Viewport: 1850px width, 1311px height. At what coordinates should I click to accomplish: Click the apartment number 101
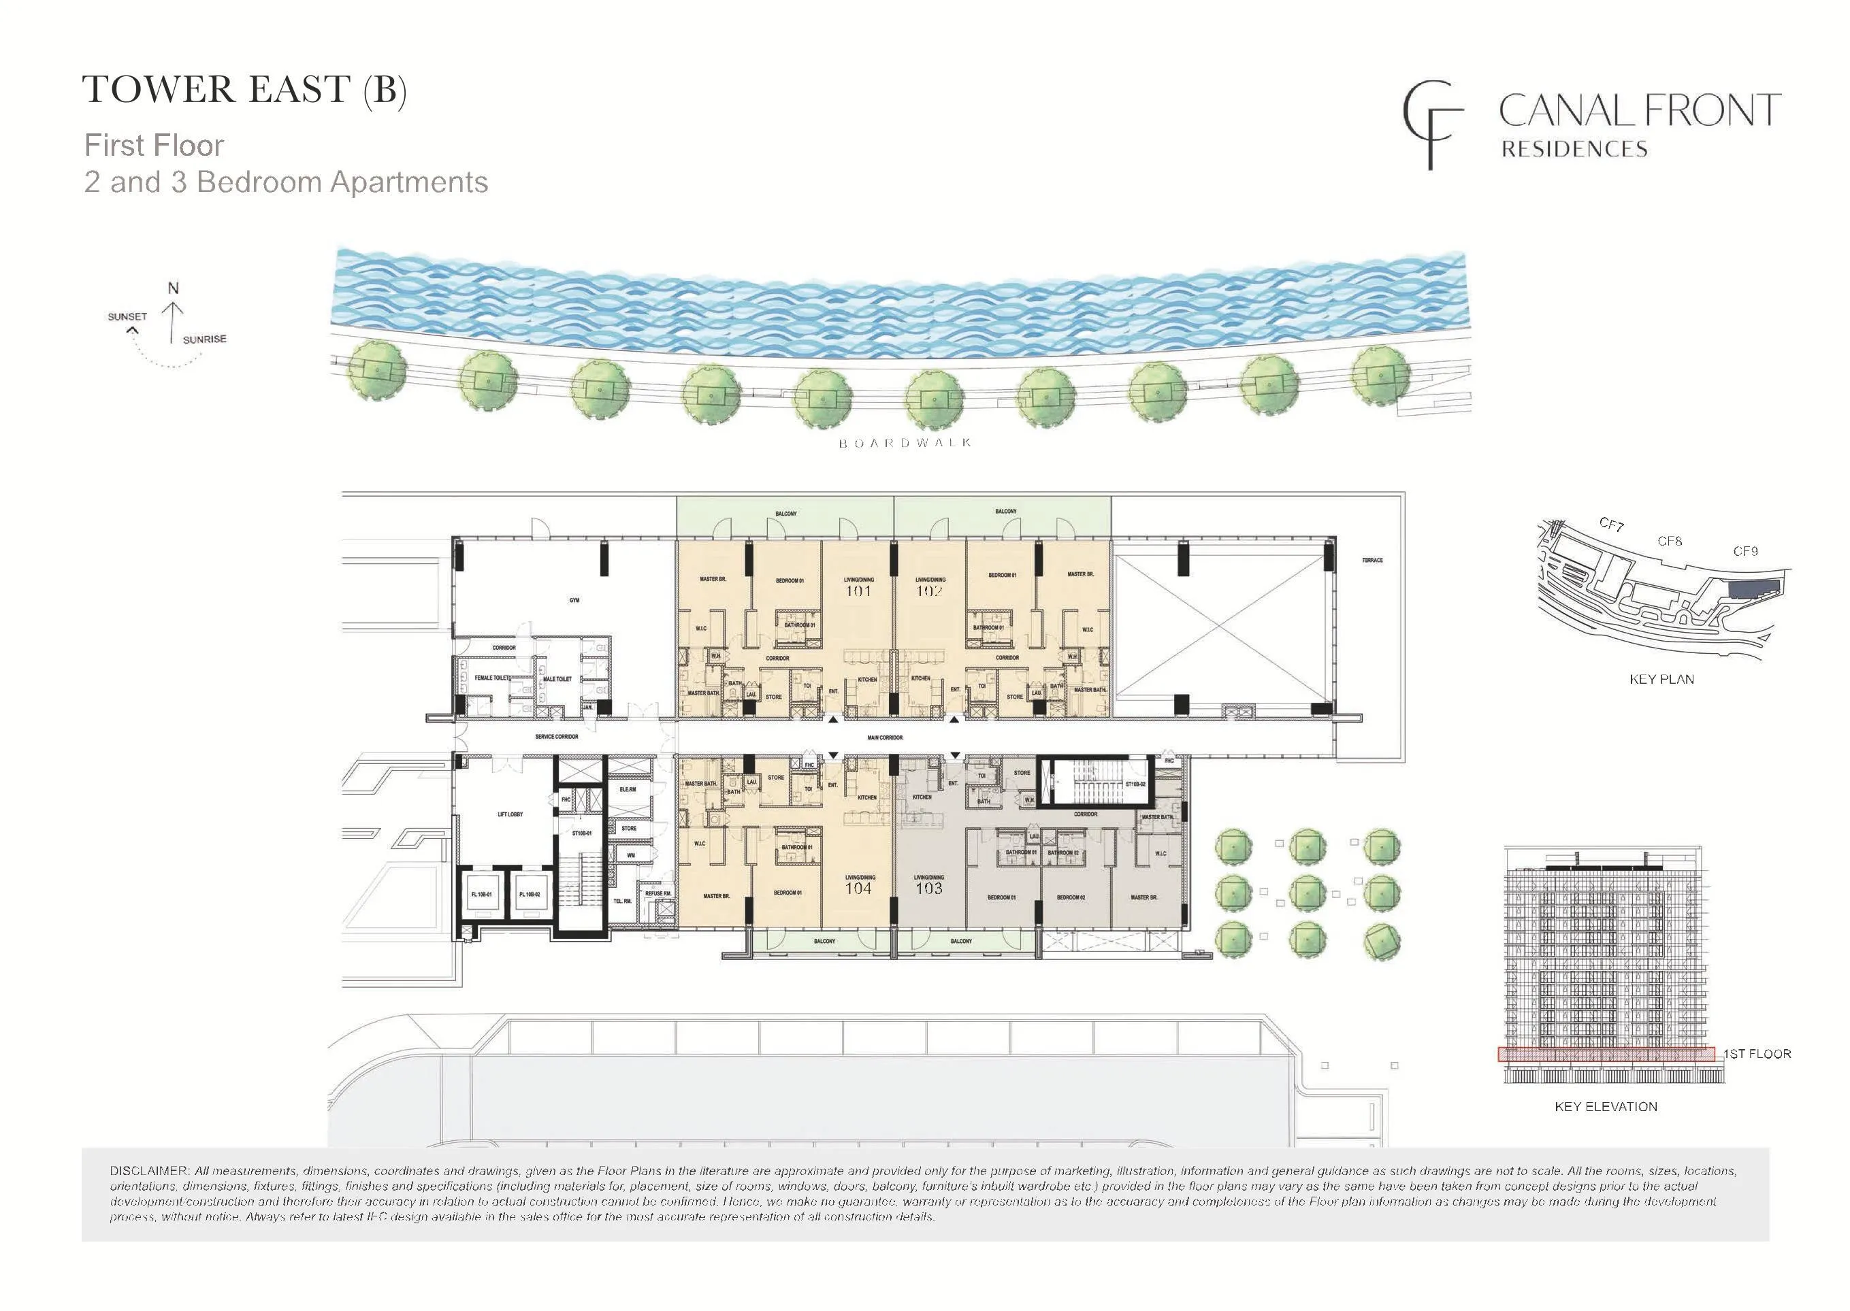[x=858, y=591]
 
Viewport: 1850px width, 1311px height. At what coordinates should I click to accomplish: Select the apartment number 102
[x=930, y=591]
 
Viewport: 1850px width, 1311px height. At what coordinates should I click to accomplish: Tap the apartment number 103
[x=928, y=889]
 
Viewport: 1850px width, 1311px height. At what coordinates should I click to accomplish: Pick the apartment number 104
[x=858, y=889]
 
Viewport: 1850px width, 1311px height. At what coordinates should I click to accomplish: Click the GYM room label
[x=574, y=601]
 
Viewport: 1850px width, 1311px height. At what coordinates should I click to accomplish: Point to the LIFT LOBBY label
[x=510, y=814]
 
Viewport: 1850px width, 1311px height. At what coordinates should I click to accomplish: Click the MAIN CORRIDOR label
[x=885, y=738]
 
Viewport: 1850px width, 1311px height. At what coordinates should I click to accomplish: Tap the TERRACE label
[x=1372, y=560]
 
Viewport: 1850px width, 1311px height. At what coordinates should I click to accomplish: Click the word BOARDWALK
[x=905, y=443]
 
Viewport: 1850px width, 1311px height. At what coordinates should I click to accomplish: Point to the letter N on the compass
[x=173, y=288]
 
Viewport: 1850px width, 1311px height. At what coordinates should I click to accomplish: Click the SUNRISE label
[x=204, y=340]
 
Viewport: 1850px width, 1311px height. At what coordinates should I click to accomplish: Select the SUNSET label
[x=127, y=317]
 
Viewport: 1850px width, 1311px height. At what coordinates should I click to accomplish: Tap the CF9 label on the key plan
[x=1745, y=551]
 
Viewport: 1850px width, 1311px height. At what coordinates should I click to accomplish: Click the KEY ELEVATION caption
[x=1606, y=1107]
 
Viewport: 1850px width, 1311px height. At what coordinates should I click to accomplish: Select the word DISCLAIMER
[x=149, y=1171]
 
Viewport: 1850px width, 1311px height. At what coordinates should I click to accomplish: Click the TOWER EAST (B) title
[x=244, y=90]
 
